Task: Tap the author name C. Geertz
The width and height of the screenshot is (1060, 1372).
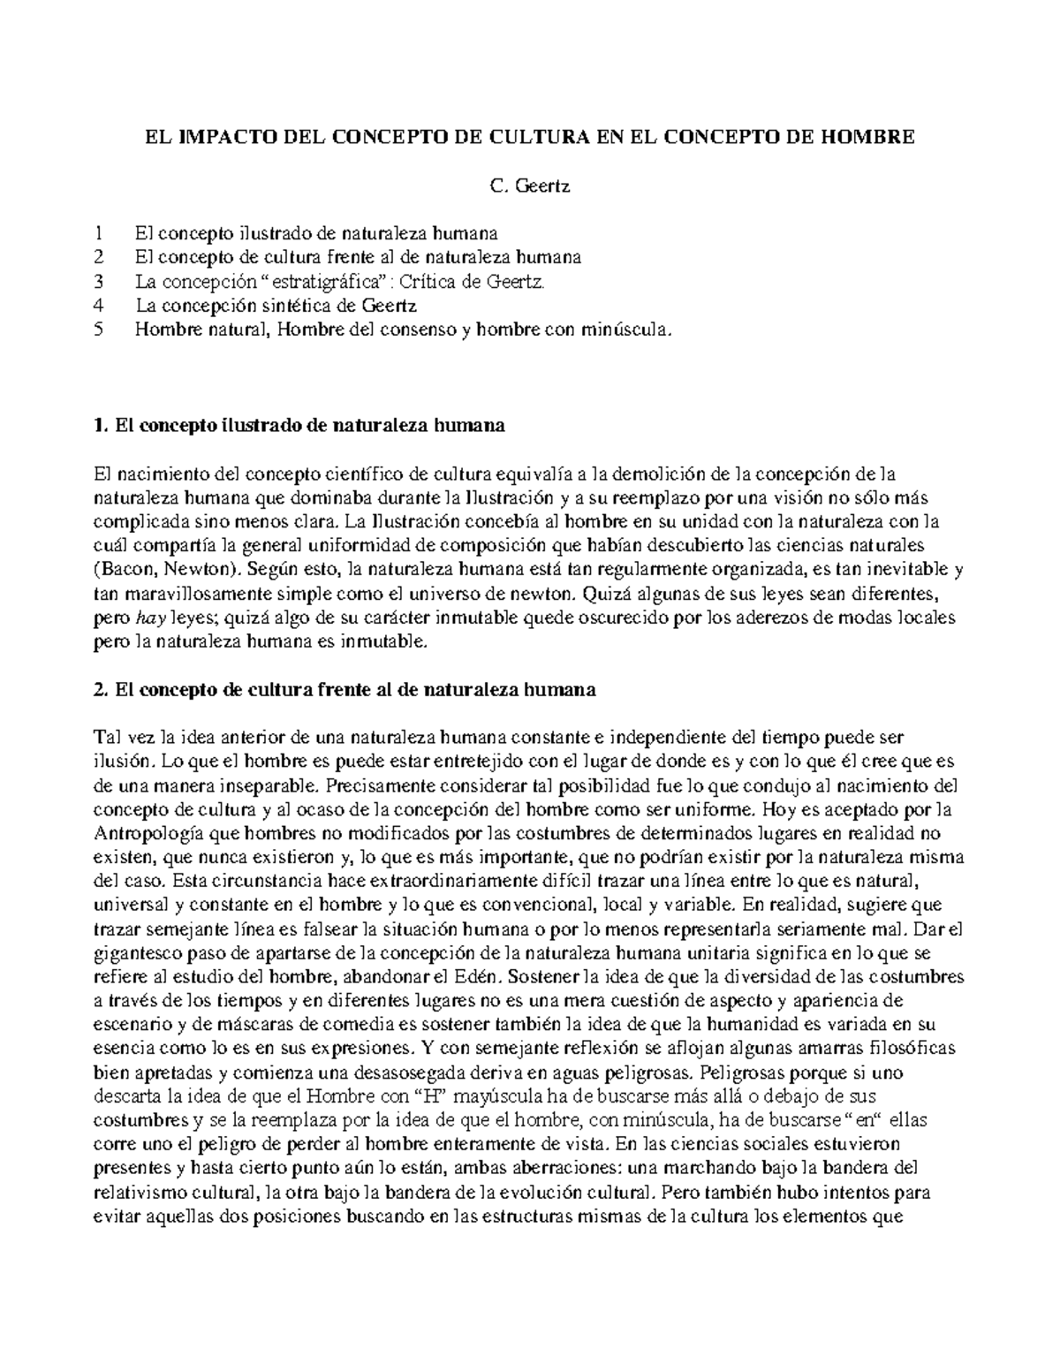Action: [530, 186]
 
